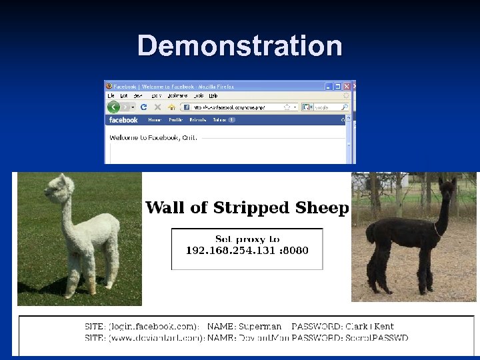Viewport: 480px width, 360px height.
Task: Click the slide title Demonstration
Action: pos(239,46)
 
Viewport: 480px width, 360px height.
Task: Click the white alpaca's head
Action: pos(66,185)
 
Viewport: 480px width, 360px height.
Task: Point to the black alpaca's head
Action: pos(447,187)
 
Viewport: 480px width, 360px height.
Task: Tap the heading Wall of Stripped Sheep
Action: pos(247,207)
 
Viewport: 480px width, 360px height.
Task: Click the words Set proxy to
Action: pos(247,239)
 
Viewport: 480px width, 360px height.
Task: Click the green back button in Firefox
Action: pos(113,107)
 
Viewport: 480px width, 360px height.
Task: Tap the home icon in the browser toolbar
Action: pos(171,107)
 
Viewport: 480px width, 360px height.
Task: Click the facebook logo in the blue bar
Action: pos(123,120)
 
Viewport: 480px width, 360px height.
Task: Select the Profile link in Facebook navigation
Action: pos(175,120)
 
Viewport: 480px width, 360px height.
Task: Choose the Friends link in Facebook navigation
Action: pos(198,120)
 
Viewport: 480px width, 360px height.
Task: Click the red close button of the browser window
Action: pos(353,86)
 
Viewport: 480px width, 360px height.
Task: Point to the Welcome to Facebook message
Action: pos(153,137)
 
